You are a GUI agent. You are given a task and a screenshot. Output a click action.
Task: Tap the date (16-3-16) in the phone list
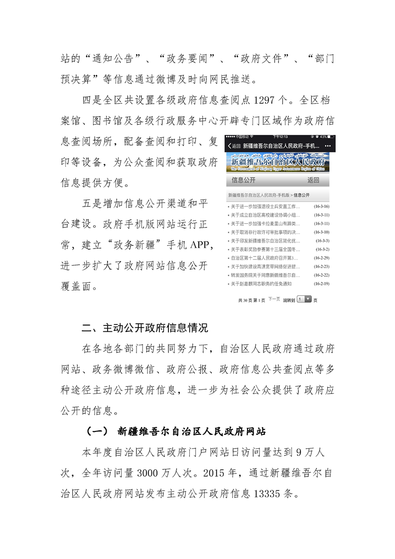pos(321,206)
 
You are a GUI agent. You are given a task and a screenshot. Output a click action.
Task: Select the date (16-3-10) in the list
pos(321,232)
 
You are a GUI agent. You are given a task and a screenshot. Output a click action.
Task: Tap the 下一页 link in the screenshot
pos(273,299)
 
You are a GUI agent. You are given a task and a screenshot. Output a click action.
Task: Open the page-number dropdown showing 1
pos(304,299)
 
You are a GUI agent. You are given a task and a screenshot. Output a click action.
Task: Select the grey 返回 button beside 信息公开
pos(313,180)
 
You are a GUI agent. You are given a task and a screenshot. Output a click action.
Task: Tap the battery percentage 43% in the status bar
pos(323,137)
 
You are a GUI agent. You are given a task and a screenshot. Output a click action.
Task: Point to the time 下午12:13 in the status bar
pos(280,137)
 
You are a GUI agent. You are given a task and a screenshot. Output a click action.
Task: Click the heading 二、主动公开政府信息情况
pos(144,328)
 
